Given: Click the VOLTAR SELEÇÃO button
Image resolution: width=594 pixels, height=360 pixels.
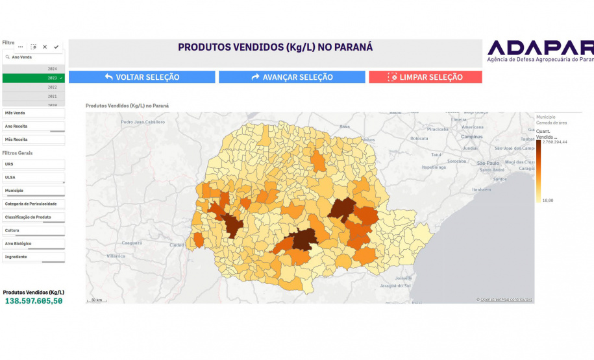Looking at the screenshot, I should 142,77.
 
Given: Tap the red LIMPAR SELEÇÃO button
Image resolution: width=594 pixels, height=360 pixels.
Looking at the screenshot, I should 425,77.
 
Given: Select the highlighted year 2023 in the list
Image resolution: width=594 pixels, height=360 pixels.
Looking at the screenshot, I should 34,78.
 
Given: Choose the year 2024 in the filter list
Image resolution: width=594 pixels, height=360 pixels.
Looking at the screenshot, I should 34,69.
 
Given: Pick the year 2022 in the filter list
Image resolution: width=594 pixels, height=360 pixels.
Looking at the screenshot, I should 34,87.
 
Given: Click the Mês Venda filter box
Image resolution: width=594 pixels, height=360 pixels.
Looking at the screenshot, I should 34,113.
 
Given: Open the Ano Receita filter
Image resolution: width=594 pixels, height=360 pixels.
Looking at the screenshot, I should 34,126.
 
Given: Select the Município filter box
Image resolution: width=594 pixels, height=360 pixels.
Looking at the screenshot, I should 34,191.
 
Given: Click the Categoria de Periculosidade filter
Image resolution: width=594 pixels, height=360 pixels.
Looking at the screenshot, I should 34,204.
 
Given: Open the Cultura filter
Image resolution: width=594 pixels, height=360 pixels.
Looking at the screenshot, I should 34,230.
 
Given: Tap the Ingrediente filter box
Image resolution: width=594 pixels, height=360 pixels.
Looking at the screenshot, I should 34,257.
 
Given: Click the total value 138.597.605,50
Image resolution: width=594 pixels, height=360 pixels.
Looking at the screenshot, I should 34,301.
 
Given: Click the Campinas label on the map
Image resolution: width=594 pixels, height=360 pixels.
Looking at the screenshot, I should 471,137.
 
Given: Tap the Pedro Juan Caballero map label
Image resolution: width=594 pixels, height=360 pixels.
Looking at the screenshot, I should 143,122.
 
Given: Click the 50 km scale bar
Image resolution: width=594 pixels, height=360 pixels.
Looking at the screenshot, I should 97,300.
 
